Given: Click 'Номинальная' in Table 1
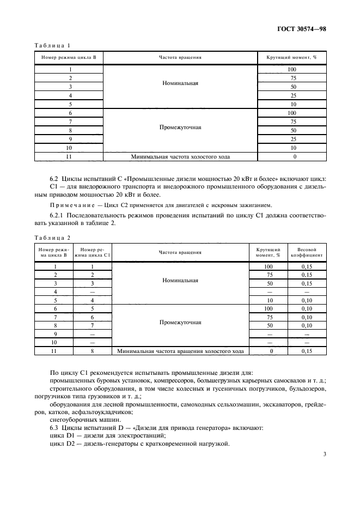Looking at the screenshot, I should [180, 84].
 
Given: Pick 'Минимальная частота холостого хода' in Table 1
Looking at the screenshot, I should [180, 157].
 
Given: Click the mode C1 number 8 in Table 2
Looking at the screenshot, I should [93, 351].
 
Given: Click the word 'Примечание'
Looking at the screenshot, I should [70, 205].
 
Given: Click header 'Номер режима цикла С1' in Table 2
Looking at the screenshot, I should [93, 252].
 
